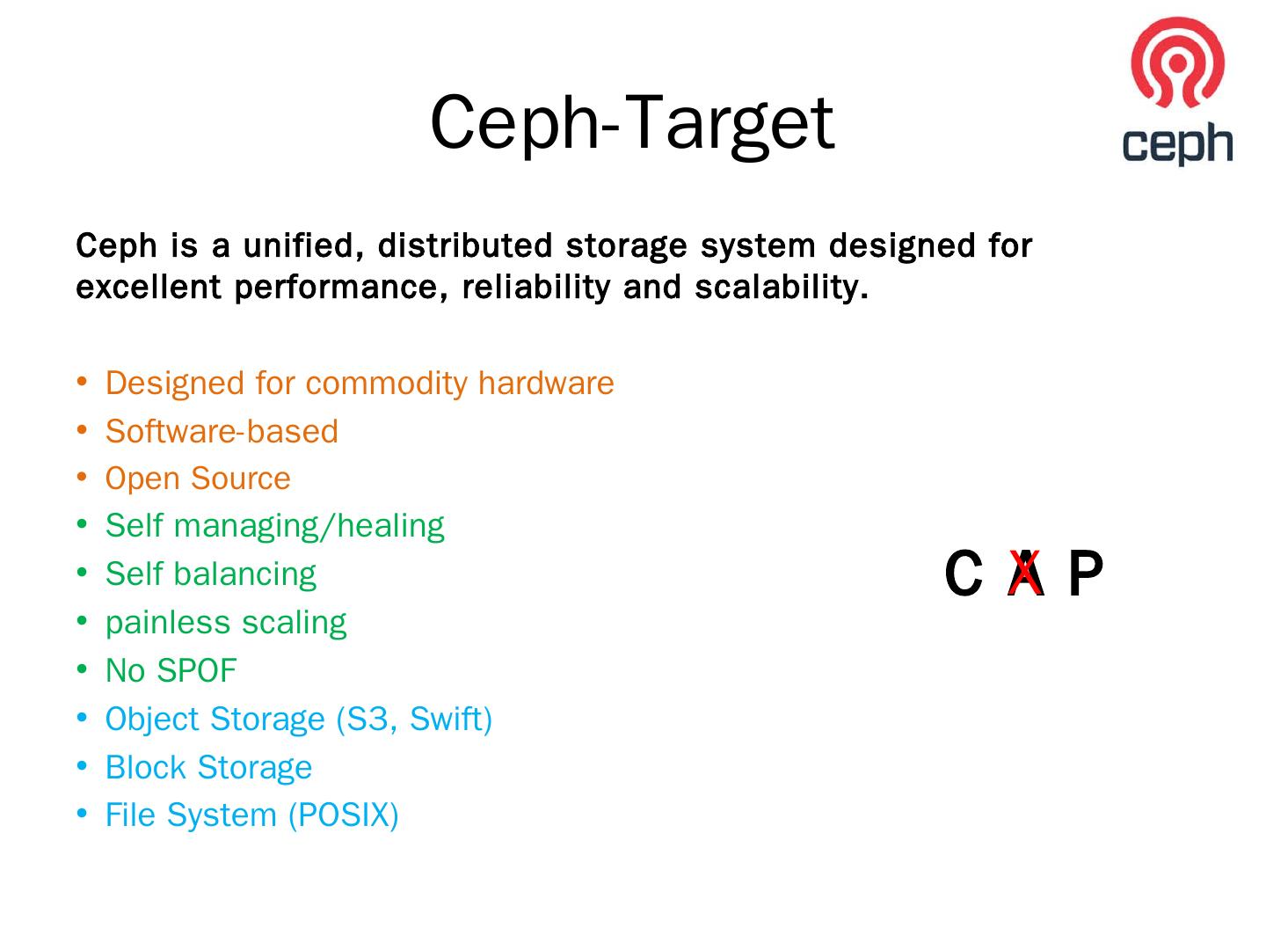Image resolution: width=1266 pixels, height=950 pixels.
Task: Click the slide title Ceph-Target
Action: [x=631, y=123]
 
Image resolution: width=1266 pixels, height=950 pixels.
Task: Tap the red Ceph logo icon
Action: [x=1177, y=62]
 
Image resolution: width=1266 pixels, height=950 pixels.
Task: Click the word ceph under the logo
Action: [x=1177, y=142]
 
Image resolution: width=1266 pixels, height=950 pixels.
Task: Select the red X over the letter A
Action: [x=1025, y=573]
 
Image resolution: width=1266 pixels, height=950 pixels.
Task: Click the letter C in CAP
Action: [x=964, y=574]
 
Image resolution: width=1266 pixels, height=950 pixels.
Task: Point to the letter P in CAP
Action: [x=1085, y=574]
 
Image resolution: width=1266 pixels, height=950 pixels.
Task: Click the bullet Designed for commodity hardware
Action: [x=360, y=384]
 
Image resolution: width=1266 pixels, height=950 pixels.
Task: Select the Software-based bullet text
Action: [x=222, y=431]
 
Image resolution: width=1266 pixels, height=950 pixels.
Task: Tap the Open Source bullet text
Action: [x=198, y=479]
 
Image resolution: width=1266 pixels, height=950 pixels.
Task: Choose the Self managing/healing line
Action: [x=274, y=526]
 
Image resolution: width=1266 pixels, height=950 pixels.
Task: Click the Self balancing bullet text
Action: [x=210, y=574]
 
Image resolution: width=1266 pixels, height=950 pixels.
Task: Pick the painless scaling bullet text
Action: [x=226, y=623]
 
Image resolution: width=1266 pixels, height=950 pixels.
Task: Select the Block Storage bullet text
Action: [x=208, y=767]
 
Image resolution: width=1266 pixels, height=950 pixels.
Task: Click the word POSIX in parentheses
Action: [x=344, y=815]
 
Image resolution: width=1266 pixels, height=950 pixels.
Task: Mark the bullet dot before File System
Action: [x=82, y=814]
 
